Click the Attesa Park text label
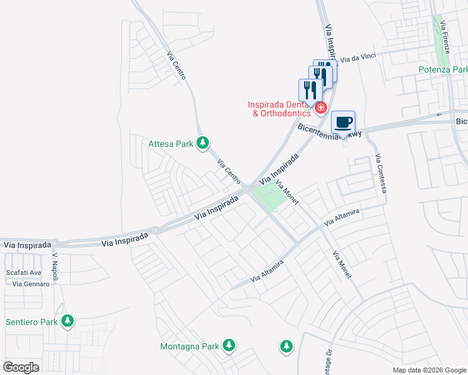170,144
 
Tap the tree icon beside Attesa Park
203,144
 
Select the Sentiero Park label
31,322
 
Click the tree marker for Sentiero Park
68,322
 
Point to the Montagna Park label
190,346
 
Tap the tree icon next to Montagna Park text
230,345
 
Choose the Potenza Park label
444,70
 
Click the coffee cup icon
342,122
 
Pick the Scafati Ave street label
23,272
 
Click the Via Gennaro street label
31,284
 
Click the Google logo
21,367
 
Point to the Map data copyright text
429,370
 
